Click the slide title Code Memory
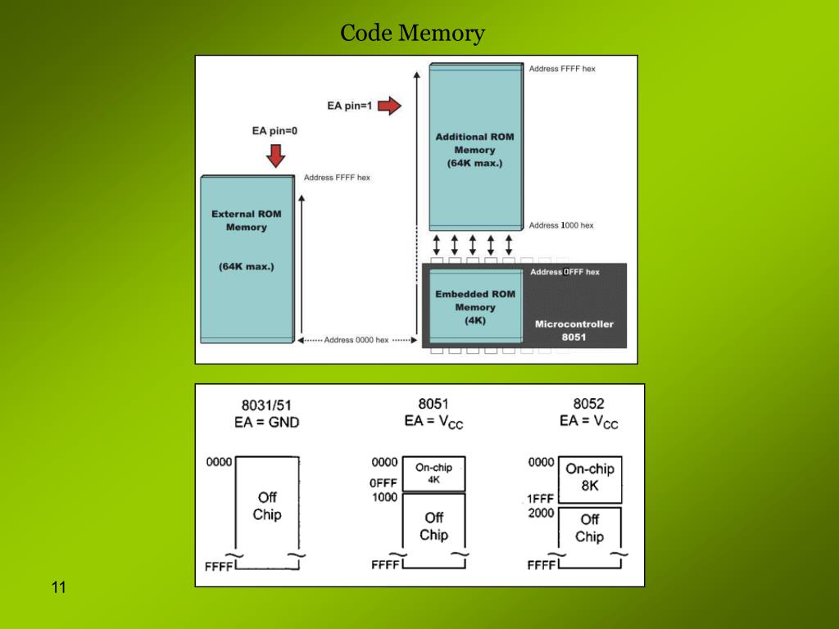click(412, 34)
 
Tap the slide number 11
click(58, 587)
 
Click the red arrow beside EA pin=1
click(389, 106)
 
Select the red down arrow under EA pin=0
click(275, 155)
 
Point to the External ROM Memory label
click(246, 220)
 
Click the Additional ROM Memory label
click(474, 150)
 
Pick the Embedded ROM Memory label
click(474, 306)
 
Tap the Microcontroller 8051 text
click(574, 330)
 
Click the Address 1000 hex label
click(561, 225)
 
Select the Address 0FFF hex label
click(565, 272)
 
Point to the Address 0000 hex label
click(356, 340)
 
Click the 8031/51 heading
click(266, 405)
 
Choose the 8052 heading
click(588, 403)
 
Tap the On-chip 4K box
click(433, 473)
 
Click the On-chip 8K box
click(589, 477)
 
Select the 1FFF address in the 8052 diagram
click(541, 498)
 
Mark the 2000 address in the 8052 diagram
click(541, 514)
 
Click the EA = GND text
click(266, 423)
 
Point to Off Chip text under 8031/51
click(267, 505)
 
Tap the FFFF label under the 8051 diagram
click(384, 565)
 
